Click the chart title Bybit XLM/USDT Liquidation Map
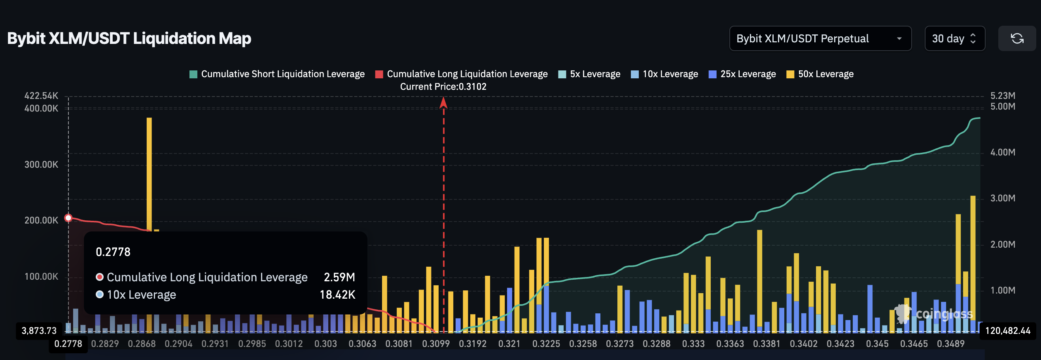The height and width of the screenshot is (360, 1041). tap(129, 38)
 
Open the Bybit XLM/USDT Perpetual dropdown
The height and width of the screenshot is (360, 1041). tap(820, 38)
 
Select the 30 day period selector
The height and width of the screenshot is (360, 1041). tap(954, 38)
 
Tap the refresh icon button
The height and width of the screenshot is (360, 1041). tap(1017, 38)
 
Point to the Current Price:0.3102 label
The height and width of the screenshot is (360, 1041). tap(443, 87)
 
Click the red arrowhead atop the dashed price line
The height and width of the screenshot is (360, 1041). tap(443, 102)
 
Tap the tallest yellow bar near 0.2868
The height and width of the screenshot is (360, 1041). tap(149, 174)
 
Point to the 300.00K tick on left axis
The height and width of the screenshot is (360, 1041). tap(41, 165)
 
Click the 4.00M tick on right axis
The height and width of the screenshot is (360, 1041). tap(1003, 152)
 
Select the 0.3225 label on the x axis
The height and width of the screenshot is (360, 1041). tap(546, 344)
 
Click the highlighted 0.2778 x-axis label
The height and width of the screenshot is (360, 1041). tap(68, 344)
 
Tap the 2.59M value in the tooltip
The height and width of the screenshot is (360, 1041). tap(339, 277)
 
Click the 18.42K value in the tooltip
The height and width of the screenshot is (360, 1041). tap(337, 295)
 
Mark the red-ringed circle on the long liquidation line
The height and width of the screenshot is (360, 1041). tap(68, 218)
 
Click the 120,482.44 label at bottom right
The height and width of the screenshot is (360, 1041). tap(1007, 331)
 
